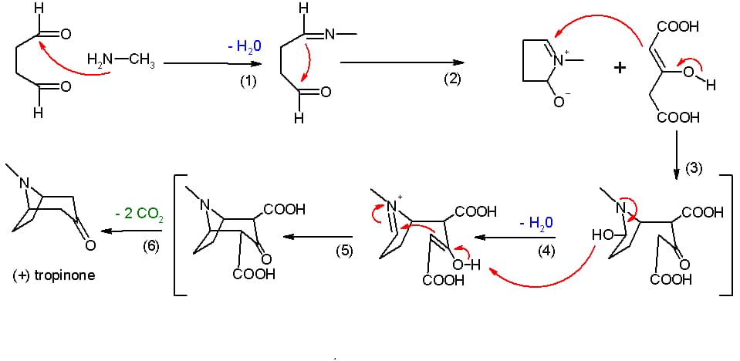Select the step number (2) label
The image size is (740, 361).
[451, 79]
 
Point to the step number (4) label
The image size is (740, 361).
[546, 251]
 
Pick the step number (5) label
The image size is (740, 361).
[344, 251]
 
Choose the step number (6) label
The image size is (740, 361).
[152, 245]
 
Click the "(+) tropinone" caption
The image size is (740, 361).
[53, 275]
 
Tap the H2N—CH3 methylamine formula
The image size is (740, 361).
[121, 62]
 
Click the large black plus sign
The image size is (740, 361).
[620, 68]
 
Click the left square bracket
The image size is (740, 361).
[176, 236]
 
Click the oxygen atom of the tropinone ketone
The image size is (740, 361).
[90, 245]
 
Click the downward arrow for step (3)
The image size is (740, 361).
[677, 154]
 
